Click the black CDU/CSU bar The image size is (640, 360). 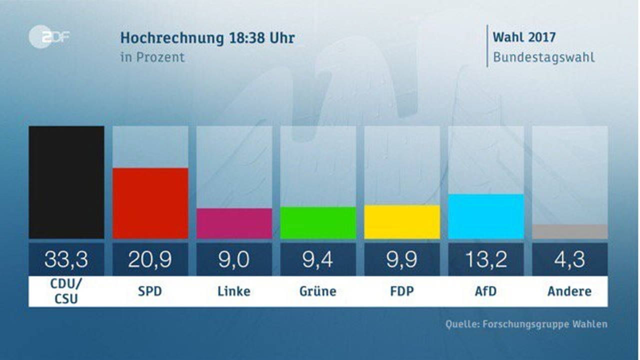(66, 182)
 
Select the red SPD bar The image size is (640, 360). (150, 203)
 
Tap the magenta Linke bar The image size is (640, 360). (234, 223)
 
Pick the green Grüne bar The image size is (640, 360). (318, 222)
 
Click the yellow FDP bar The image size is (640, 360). (402, 222)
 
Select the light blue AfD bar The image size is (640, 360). (486, 216)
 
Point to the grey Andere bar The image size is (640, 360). (570, 231)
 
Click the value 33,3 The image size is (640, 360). (66, 259)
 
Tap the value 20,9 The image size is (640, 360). (150, 259)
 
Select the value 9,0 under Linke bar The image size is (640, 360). (234, 259)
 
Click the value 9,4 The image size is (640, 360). (318, 259)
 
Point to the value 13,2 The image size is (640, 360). (486, 259)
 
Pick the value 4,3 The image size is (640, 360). (570, 259)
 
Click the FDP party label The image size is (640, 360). (402, 291)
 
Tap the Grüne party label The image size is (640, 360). (318, 291)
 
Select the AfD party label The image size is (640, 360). (486, 291)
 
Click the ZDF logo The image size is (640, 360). (49, 37)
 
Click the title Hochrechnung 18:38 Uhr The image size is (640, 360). (207, 38)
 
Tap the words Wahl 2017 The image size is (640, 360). (524, 37)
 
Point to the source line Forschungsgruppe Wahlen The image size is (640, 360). (526, 324)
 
